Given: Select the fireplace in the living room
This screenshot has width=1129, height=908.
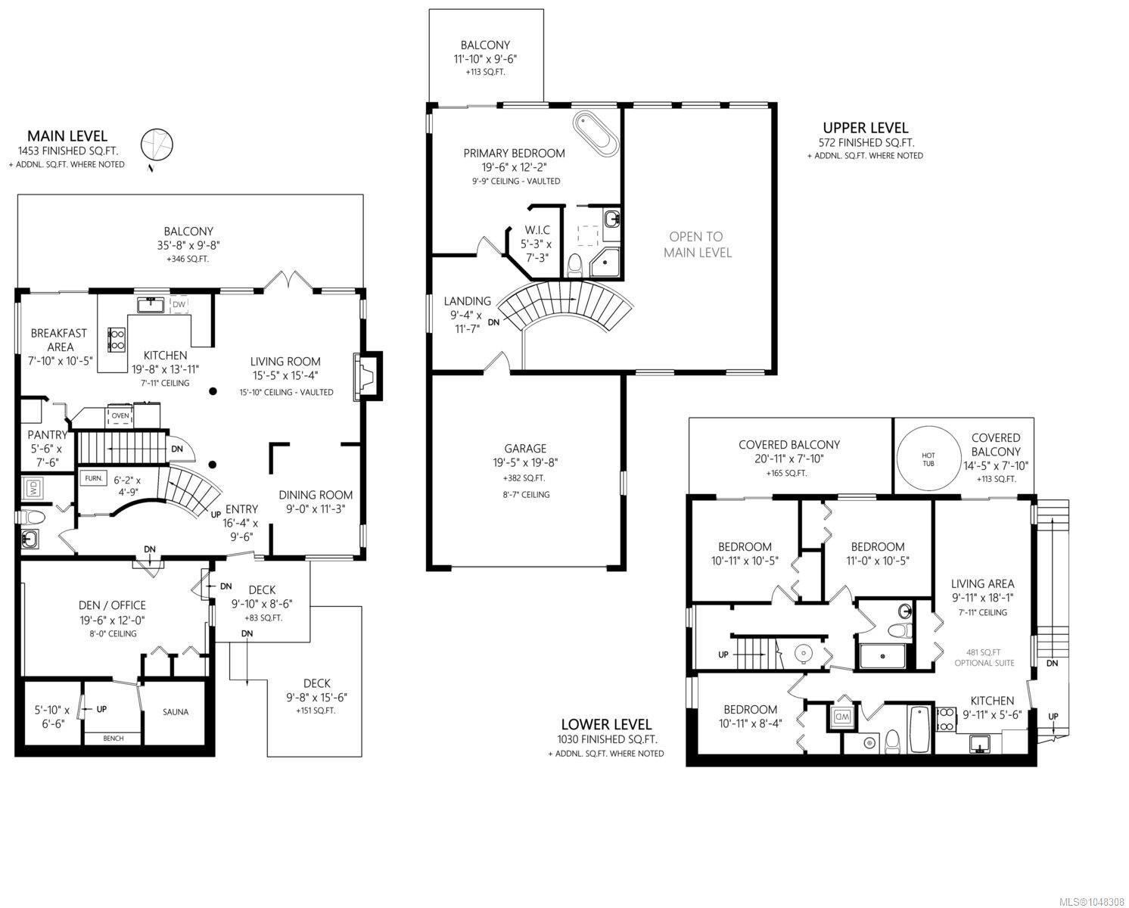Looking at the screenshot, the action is (x=369, y=375).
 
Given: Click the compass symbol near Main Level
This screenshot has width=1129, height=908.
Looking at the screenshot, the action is (x=157, y=144).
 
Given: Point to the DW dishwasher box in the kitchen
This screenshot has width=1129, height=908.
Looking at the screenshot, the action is (x=179, y=305).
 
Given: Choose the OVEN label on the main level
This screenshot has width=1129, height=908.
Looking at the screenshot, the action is (x=120, y=415).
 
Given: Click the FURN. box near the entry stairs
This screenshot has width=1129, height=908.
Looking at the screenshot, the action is (x=94, y=478).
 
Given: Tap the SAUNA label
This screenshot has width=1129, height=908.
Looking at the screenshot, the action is (x=176, y=712).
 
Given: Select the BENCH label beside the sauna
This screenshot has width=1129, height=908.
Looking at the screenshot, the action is (x=114, y=738).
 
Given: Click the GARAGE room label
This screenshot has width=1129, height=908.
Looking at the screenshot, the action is (x=525, y=449).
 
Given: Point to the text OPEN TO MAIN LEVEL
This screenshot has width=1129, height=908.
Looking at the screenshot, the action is (x=697, y=244).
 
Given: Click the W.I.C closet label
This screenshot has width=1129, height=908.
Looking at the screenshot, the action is (x=537, y=230).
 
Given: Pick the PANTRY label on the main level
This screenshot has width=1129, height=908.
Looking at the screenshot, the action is (x=47, y=435).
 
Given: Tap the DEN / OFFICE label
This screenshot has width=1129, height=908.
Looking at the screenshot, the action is (x=112, y=605).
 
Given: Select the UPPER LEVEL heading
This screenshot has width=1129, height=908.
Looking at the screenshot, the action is (x=865, y=127).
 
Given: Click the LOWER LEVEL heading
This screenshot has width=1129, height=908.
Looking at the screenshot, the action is (x=606, y=724).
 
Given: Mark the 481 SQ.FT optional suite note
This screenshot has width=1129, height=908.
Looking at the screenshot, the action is (x=984, y=658).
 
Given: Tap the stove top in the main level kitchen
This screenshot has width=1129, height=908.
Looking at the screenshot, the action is (x=117, y=339).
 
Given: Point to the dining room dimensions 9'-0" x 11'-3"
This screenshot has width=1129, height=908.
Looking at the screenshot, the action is (x=315, y=508).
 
